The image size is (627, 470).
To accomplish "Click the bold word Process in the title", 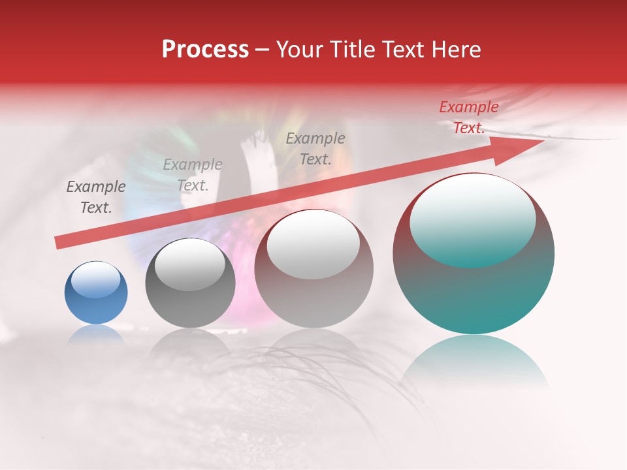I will (x=205, y=50).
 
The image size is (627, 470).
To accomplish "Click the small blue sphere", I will (x=96, y=292).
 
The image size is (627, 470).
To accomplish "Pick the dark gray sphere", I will (x=190, y=283).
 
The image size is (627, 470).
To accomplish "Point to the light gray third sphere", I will (x=313, y=269).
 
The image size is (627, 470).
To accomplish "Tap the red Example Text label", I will (x=468, y=117).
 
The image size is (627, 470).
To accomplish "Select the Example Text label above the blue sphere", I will (x=96, y=197).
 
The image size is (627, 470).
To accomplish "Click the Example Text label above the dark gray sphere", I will (x=193, y=175).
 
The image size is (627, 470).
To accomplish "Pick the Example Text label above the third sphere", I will (x=315, y=149).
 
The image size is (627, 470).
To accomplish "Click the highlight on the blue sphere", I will (x=96, y=280).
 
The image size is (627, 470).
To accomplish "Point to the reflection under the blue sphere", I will (x=96, y=334).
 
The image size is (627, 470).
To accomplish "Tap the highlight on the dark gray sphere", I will (x=190, y=264).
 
